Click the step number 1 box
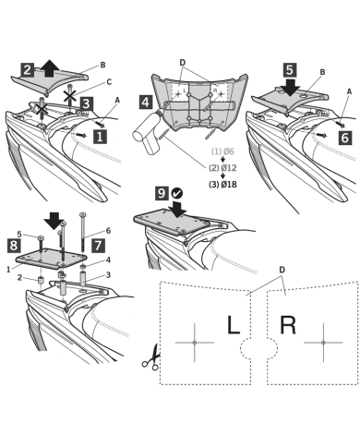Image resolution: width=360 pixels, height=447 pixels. pyautogui.click(x=100, y=136)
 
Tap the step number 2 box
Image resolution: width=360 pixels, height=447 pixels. pyautogui.click(x=28, y=69)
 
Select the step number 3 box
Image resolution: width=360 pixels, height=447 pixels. pyautogui.click(x=87, y=103)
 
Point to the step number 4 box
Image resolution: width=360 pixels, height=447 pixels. pyautogui.click(x=146, y=102)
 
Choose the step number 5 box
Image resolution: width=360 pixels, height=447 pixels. pyautogui.click(x=290, y=70)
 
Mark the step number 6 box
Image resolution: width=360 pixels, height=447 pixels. pyautogui.click(x=345, y=138)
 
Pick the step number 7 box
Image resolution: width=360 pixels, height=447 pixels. pyautogui.click(x=98, y=246)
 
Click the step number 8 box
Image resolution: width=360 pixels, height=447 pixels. pyautogui.click(x=14, y=246)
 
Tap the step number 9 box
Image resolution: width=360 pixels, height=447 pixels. pyautogui.click(x=162, y=193)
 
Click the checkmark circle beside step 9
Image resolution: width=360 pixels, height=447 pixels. pyautogui.click(x=177, y=193)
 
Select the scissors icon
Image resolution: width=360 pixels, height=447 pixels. pyautogui.click(x=151, y=357)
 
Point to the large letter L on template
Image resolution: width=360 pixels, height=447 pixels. pyautogui.click(x=234, y=325)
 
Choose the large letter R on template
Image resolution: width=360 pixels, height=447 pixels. pyautogui.click(x=288, y=325)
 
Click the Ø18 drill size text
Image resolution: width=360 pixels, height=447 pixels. pyautogui.click(x=229, y=185)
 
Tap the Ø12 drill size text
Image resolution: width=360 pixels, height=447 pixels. pyautogui.click(x=229, y=168)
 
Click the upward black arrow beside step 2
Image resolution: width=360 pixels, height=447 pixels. pyautogui.click(x=50, y=68)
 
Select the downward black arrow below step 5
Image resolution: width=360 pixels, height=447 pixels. pyautogui.click(x=290, y=88)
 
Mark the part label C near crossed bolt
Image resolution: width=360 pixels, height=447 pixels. pyautogui.click(x=109, y=82)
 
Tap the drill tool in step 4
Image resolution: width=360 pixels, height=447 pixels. pyautogui.click(x=149, y=133)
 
